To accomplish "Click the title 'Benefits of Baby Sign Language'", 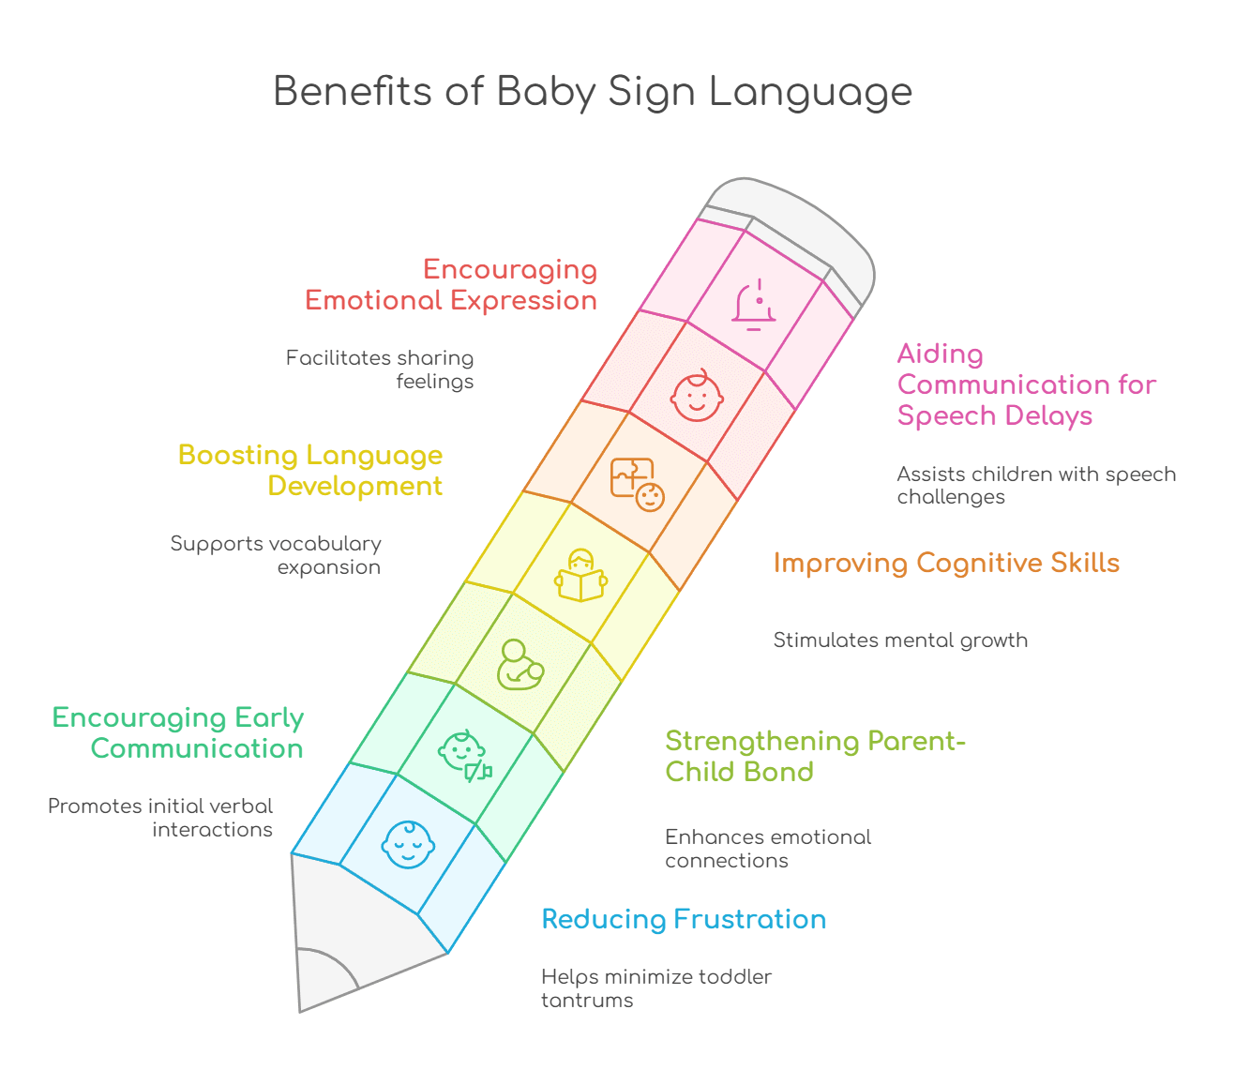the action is tap(592, 92).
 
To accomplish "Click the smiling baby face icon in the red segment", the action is tap(697, 395).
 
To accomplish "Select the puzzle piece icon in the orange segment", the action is tap(637, 484).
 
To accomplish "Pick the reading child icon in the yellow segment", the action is tap(580, 575).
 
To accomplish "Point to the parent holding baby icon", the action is tap(520, 665).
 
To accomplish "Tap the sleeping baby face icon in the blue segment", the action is tap(408, 844).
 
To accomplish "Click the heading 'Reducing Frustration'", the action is tap(684, 919).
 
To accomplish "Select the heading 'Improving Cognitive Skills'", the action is tap(946, 563).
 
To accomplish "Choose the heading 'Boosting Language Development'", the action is tap(310, 470).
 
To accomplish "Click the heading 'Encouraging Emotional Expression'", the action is tap(451, 284).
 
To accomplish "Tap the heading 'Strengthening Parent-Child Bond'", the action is tap(815, 756).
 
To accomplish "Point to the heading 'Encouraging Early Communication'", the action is tap(178, 732).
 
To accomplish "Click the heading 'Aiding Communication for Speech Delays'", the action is tap(1026, 384).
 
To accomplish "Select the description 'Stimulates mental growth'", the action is tap(900, 640).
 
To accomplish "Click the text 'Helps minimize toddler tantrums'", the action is tap(655, 988).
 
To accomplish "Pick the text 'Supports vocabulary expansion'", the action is tap(276, 555).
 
